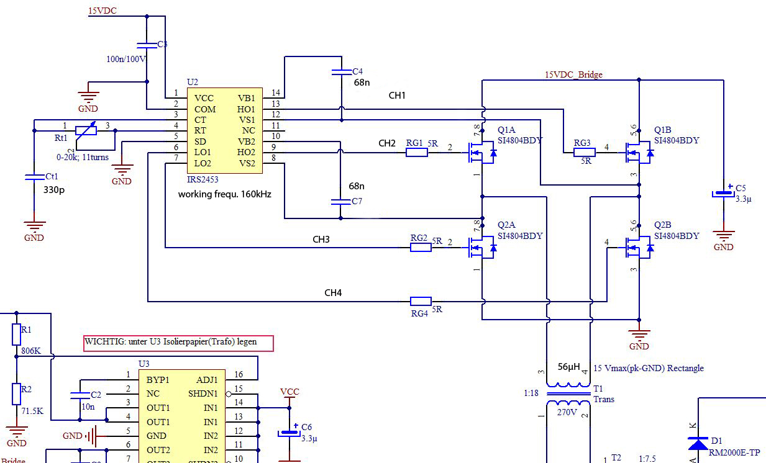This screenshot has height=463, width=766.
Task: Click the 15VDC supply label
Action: tap(103, 11)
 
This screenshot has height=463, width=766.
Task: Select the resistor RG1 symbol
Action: tap(417, 152)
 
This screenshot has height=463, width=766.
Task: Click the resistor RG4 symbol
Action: tap(421, 301)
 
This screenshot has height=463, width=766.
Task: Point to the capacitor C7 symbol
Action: tap(340, 202)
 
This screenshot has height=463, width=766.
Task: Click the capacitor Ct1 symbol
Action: tap(34, 178)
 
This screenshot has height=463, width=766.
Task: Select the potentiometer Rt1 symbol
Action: tap(85, 130)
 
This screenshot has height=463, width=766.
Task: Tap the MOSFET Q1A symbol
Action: tap(481, 153)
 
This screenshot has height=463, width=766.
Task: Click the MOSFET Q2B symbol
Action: tap(638, 248)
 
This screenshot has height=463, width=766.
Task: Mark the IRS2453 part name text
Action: tap(202, 179)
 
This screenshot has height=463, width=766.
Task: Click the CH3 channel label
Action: tap(321, 240)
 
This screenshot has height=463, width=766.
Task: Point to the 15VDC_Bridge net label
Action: tap(573, 74)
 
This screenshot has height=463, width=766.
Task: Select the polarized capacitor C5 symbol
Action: tap(723, 194)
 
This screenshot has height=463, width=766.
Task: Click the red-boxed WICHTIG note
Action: tap(178, 342)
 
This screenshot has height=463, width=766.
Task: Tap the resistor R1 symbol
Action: tap(17, 335)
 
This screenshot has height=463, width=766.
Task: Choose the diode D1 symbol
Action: tap(700, 443)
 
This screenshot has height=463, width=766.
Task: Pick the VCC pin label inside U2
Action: tap(204, 98)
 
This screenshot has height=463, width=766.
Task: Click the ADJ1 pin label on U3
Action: tap(207, 379)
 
